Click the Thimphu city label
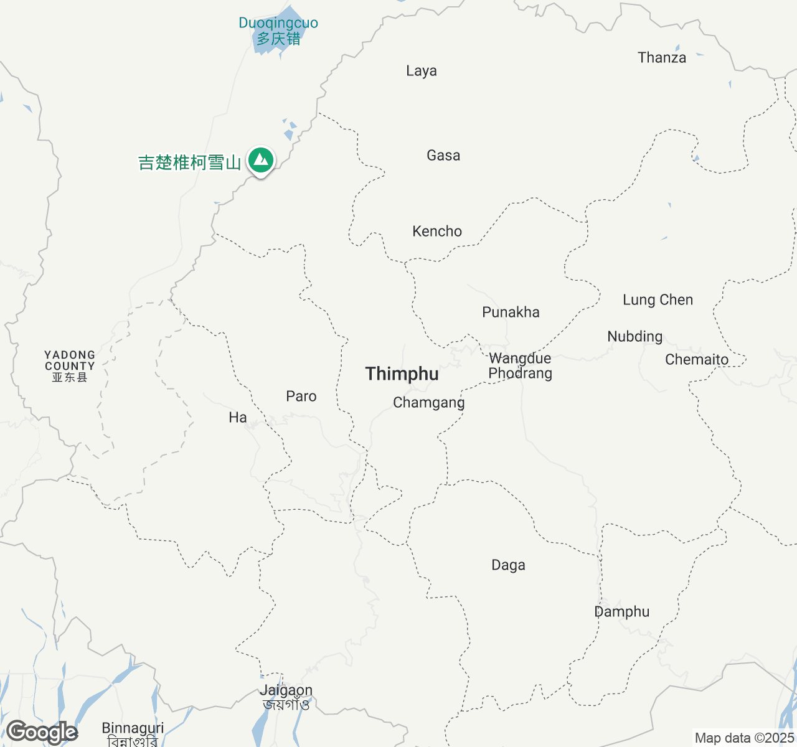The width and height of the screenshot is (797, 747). coord(402,374)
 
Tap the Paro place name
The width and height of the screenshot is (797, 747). coord(301,397)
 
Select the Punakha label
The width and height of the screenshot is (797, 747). coord(511,312)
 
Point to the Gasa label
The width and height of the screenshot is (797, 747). coord(443,156)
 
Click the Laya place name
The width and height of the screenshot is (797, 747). coord(422,71)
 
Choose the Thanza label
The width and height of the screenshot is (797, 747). coord(662,58)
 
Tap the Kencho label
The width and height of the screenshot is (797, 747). coord(437,232)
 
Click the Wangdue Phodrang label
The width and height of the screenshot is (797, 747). coord(520,366)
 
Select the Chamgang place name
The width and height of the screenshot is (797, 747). coord(428,403)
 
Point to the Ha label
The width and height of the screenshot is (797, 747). coord(238,418)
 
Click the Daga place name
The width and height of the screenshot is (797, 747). coord(508,565)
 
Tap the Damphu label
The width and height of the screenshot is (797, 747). coord(621,612)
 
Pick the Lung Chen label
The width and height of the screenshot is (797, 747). coord(658,300)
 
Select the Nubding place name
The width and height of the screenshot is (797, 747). coord(634,337)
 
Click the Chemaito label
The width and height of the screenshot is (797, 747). coord(697,360)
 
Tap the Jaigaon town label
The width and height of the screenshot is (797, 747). coord(286,691)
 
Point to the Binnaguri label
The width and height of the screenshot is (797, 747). coord(133,728)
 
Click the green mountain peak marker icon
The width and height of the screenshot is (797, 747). coord(262,161)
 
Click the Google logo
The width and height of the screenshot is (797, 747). coord(42,733)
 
